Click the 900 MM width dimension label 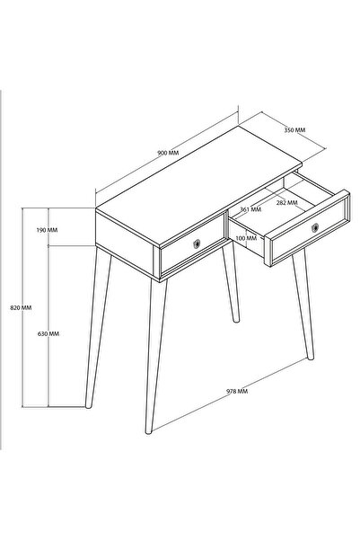tap(168, 154)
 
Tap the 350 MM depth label tap(294, 130)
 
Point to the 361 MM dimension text tap(250, 209)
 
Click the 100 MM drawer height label tap(244, 238)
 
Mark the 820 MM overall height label tap(19, 307)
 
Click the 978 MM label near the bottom tap(238, 392)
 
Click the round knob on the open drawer tap(314, 230)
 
